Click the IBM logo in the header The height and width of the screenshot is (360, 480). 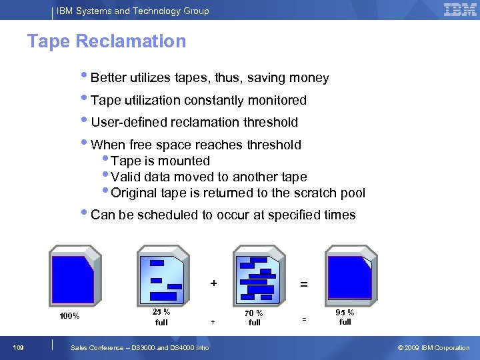point(460,10)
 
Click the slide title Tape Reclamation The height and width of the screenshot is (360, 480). point(107,41)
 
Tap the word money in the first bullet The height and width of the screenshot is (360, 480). point(309,78)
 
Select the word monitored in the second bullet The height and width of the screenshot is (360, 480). point(277,101)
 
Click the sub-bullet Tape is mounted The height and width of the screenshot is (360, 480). point(160,161)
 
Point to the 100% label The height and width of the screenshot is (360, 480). point(70,316)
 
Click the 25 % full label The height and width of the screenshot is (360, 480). point(161,317)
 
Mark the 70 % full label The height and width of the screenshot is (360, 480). point(254,317)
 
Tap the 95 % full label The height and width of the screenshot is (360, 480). point(345,317)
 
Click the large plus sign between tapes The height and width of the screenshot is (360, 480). point(213,283)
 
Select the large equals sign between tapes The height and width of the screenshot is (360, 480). point(304,284)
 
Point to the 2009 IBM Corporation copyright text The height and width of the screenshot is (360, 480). point(433,347)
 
